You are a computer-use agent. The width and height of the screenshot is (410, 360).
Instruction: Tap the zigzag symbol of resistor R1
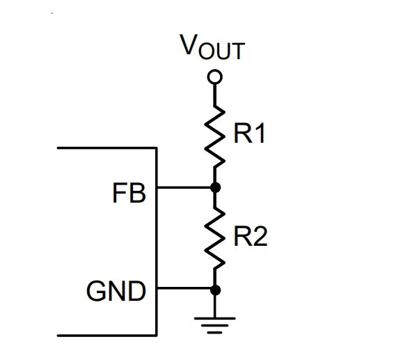[214, 136]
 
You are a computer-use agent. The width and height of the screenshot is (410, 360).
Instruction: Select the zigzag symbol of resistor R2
[214, 238]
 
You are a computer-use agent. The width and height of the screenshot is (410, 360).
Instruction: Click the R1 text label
[249, 133]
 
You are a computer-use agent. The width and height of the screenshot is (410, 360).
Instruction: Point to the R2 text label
[251, 236]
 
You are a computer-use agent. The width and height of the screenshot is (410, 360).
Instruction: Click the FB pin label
[129, 193]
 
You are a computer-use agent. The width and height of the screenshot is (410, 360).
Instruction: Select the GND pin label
[116, 291]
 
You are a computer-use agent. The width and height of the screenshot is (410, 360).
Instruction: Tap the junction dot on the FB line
[215, 187]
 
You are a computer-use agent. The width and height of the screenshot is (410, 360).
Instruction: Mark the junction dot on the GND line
[215, 290]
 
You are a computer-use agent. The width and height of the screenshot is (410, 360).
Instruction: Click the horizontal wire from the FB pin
[184, 187]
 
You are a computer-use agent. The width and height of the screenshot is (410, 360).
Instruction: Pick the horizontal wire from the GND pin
[184, 288]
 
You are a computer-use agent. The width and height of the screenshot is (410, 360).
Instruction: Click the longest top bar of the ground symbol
[214, 319]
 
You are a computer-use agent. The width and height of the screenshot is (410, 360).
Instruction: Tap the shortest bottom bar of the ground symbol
[214, 333]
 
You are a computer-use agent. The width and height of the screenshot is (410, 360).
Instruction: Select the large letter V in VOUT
[188, 45]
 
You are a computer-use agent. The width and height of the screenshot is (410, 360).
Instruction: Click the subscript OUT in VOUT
[221, 51]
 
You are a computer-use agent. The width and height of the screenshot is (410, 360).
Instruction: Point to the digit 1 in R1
[260, 133]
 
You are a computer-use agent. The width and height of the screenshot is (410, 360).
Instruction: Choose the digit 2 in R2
[260, 236]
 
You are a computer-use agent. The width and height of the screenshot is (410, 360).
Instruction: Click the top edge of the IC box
[107, 148]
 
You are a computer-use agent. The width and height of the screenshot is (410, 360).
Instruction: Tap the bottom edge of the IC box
[107, 335]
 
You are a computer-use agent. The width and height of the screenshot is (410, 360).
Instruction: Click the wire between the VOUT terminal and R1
[214, 95]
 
